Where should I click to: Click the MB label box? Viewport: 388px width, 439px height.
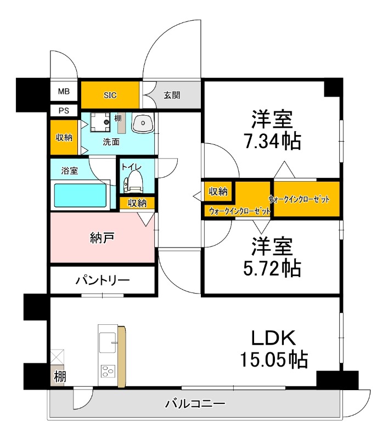pyautogui.click(x=64, y=91)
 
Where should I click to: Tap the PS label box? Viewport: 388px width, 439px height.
pyautogui.click(x=64, y=110)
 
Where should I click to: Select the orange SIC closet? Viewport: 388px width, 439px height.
pyautogui.click(x=110, y=95)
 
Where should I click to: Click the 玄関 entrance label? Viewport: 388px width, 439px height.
pyautogui.click(x=172, y=95)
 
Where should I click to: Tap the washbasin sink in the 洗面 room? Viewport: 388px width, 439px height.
pyautogui.click(x=143, y=123)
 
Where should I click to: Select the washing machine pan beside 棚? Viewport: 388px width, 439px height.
pyautogui.click(x=100, y=122)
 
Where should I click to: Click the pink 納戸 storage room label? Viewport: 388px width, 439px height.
pyautogui.click(x=102, y=238)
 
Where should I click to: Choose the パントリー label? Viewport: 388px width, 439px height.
pyautogui.click(x=103, y=280)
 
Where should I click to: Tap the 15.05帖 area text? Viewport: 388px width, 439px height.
pyautogui.click(x=273, y=359)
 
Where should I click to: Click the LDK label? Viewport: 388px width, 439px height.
pyautogui.click(x=273, y=336)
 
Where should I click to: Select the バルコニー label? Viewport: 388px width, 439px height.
pyautogui.click(x=195, y=404)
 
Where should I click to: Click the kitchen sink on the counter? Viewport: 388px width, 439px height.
pyautogui.click(x=108, y=343)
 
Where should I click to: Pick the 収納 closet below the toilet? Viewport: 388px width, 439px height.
pyautogui.click(x=137, y=203)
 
